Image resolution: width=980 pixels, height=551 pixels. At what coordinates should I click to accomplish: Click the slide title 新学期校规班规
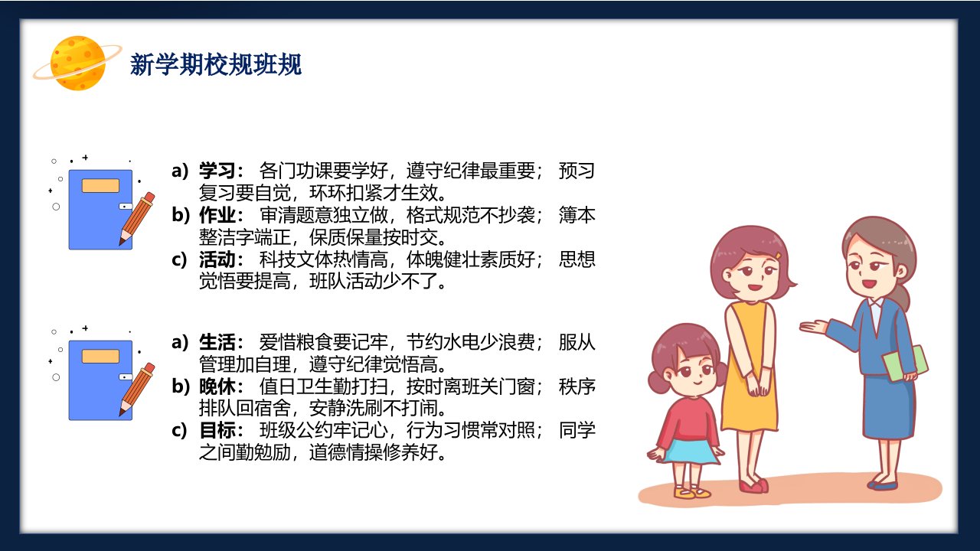(216, 65)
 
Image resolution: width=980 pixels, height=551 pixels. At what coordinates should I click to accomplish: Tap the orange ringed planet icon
(77, 63)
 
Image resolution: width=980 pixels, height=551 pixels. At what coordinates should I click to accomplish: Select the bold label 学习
(217, 171)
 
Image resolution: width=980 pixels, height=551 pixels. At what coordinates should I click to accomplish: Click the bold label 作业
(217, 215)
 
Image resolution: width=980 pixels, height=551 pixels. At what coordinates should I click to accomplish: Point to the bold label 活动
(217, 259)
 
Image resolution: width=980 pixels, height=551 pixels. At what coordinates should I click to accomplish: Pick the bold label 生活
(217, 342)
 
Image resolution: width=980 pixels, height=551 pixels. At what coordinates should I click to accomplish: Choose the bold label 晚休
(217, 386)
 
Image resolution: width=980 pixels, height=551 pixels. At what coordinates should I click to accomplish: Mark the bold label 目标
(217, 430)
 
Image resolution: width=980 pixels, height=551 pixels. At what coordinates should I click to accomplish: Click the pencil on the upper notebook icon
(137, 218)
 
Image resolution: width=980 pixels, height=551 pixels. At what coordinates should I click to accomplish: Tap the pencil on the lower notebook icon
(137, 389)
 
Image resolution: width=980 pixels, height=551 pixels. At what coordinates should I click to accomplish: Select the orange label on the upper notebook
(100, 185)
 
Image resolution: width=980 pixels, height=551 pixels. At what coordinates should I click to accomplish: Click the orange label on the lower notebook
(100, 356)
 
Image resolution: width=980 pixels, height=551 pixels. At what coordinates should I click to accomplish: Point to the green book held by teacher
(905, 364)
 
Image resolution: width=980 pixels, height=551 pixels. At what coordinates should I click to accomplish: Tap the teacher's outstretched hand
(813, 327)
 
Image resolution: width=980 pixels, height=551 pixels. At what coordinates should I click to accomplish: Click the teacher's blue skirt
(889, 406)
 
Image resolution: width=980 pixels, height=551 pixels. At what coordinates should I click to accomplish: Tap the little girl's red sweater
(688, 420)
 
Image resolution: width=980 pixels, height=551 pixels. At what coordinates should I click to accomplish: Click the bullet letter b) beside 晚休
(181, 386)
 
